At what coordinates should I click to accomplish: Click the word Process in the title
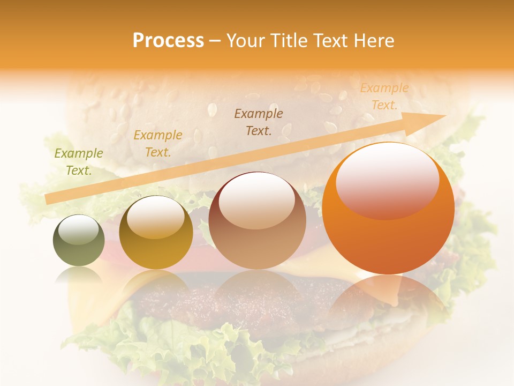pos(168,41)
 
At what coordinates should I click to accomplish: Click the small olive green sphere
pos(79,240)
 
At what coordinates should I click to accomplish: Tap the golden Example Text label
pos(158,144)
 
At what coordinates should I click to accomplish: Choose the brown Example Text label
pos(259,122)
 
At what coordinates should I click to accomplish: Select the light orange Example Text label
pos(384,96)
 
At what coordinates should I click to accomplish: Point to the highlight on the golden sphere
pos(155,217)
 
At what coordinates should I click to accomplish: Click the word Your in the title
pos(246,41)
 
